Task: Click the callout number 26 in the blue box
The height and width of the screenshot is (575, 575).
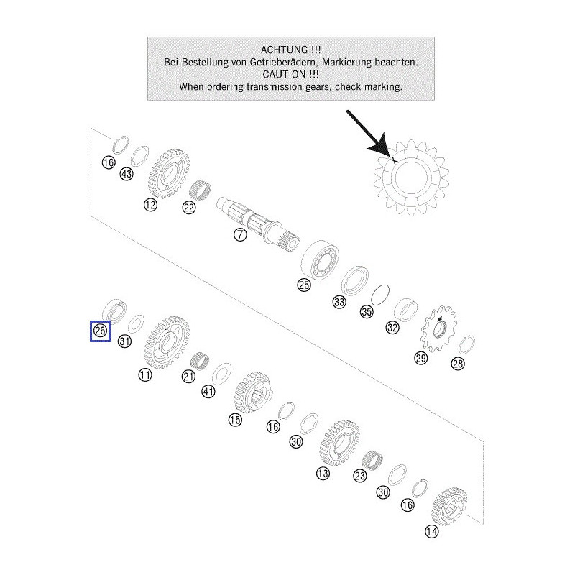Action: (100, 331)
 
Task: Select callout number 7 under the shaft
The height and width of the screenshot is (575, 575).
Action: (240, 234)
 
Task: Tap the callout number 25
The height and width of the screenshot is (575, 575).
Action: (304, 285)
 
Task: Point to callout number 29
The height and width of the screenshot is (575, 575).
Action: (421, 357)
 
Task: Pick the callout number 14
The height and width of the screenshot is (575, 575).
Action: (432, 531)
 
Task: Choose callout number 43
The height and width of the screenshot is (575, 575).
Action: (126, 174)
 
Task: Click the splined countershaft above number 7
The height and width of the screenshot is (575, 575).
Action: (258, 224)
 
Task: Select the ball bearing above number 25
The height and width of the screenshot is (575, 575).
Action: (320, 259)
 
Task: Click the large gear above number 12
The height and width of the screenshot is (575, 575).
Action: (170, 173)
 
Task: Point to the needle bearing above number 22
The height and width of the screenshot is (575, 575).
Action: (201, 190)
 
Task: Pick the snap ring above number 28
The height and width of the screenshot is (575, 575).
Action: (466, 345)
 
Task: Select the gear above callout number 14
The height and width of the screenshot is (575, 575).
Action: (450, 506)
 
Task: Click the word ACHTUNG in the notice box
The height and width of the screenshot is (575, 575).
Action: (284, 50)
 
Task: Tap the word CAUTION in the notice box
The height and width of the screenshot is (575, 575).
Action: (284, 74)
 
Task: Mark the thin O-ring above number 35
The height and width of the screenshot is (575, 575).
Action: (380, 295)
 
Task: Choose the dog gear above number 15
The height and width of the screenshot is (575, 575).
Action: (254, 393)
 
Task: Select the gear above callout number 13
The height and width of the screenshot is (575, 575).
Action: (339, 443)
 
